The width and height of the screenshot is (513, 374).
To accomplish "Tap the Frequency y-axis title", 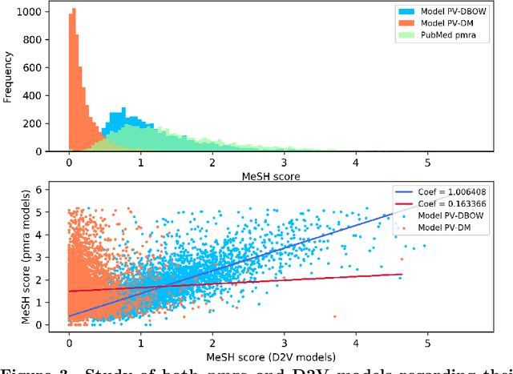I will pyautogui.click(x=9, y=78).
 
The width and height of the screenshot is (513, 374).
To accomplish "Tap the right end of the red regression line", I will pyautogui.click(x=401, y=274).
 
